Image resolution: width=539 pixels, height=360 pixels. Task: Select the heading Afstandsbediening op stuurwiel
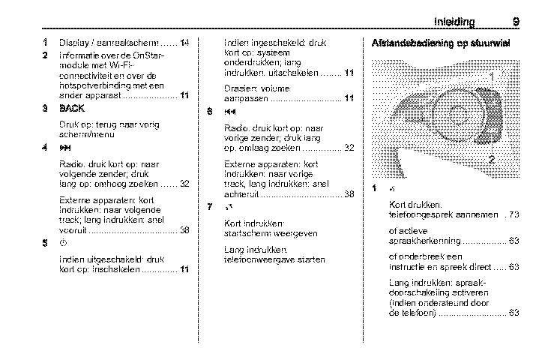coord(441,43)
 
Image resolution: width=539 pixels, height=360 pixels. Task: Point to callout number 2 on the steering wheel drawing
coord(492,159)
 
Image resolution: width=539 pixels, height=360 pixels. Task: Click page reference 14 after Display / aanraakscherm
coord(184,43)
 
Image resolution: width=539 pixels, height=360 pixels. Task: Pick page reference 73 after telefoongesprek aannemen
coord(514,214)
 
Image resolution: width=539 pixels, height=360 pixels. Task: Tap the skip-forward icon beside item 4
coord(64,148)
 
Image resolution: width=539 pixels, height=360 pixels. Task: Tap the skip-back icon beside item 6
coord(230,112)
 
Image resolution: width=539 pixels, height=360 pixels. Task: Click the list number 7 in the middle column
coord(211,207)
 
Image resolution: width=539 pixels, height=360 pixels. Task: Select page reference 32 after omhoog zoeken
coord(184,184)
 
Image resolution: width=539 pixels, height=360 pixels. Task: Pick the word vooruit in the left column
coord(71,230)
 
